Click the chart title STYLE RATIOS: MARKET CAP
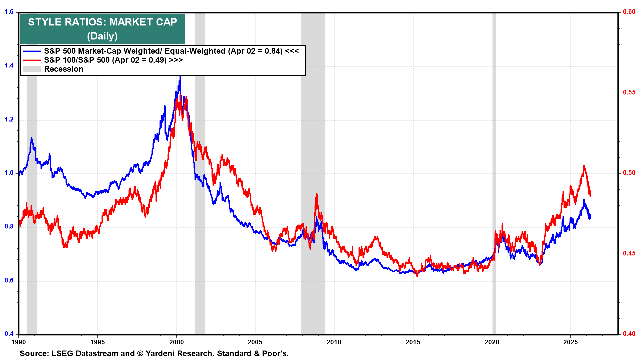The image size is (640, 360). click(102, 22)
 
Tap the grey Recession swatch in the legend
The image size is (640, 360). click(32, 69)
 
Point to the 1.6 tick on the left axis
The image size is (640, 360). click(9, 12)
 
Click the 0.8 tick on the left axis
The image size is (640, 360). click(9, 227)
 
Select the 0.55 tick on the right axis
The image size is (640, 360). click(629, 92)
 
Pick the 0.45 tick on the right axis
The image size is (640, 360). click(629, 253)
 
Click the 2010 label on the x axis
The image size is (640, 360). click(334, 342)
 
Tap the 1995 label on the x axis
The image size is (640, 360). click(97, 342)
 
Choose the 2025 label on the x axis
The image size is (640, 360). click(570, 342)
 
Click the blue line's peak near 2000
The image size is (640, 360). click(180, 77)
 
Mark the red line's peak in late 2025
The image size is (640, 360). click(584, 166)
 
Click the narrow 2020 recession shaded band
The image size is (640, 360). click(494, 167)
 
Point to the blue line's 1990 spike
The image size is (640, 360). click(32, 138)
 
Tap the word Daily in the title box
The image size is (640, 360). click(102, 36)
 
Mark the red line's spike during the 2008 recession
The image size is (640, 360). click(316, 194)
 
